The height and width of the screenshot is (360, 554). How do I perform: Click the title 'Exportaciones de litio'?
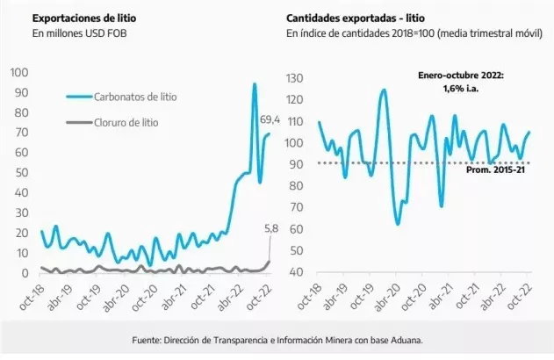[87, 17]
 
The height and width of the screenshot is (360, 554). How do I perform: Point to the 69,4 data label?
[270, 119]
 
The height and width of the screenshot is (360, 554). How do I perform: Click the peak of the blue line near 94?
[255, 85]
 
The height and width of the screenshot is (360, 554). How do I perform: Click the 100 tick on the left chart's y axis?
[20, 71]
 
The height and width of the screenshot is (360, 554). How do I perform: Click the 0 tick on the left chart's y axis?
[25, 274]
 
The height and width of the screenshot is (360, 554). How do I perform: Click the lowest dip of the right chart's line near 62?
[398, 224]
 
